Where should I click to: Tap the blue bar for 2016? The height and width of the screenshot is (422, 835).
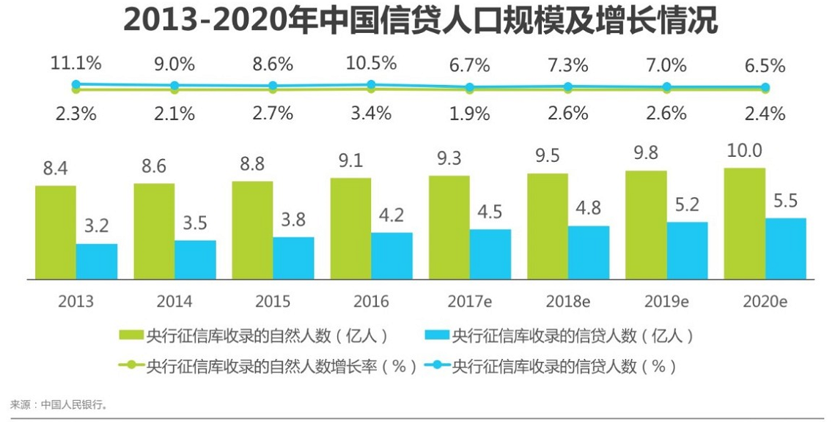[x=391, y=256]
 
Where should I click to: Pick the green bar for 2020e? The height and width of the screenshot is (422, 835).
[x=745, y=223]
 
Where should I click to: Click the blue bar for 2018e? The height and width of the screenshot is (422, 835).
[x=589, y=252]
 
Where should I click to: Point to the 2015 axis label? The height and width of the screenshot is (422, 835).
[x=273, y=301]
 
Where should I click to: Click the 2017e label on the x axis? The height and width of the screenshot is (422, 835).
[x=470, y=301]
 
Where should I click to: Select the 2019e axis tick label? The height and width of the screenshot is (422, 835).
[x=666, y=301]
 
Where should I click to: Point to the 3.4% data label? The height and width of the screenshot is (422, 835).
[x=371, y=114]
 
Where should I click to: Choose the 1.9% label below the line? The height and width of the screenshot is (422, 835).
[x=470, y=114]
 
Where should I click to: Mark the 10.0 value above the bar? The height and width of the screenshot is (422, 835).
[x=745, y=151]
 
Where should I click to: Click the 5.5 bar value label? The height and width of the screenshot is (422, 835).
[x=785, y=201]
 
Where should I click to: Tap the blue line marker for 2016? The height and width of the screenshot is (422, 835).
[x=371, y=84]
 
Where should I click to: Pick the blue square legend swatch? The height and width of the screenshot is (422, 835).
[x=436, y=336]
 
